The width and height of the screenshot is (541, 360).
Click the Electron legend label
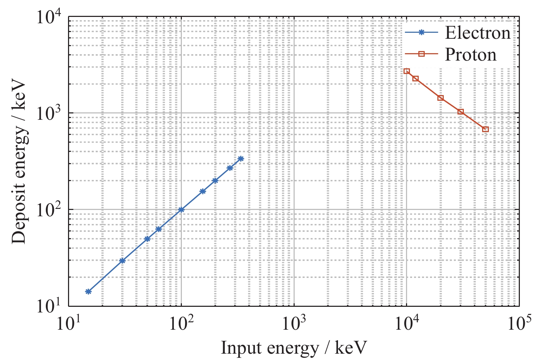coord(478,33)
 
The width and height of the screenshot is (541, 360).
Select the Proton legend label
coord(471,55)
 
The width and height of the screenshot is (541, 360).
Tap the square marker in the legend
coord(422,54)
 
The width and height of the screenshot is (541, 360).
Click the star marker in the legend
coord(422,32)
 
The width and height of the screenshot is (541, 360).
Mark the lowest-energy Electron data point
coord(88,291)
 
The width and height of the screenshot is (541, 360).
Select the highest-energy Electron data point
coord(241,159)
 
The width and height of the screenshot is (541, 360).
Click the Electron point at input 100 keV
coord(181,210)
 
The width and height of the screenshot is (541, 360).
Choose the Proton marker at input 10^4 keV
coord(407,71)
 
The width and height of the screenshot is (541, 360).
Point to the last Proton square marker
coord(485,129)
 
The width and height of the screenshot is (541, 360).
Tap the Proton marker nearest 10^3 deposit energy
coord(460,112)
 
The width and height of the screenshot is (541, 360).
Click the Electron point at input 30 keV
coord(122,261)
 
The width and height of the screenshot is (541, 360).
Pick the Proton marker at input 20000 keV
coord(441,98)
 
